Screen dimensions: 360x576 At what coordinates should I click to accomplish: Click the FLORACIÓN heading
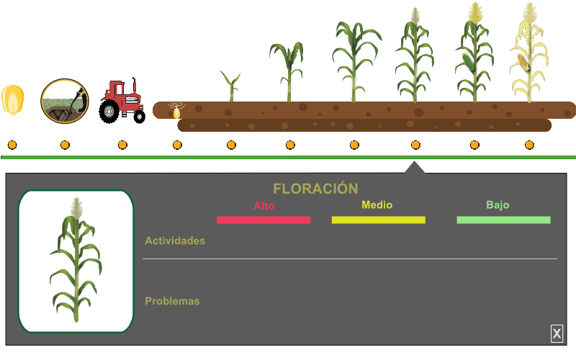point(315,189)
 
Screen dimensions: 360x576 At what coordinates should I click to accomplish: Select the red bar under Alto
point(264,220)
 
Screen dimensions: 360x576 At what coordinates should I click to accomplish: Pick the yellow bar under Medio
point(378,220)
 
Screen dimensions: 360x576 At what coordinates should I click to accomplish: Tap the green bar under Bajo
point(503,220)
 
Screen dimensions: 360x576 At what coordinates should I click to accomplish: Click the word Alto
point(264,206)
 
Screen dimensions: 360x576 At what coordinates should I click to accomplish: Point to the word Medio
point(377,205)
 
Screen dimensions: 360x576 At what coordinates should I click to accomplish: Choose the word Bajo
point(498,205)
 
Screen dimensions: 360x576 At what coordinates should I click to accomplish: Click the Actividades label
point(175,240)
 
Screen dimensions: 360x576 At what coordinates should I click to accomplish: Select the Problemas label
point(172,301)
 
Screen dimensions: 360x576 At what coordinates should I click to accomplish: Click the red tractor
point(122,100)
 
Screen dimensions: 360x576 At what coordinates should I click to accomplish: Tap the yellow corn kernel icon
point(13,101)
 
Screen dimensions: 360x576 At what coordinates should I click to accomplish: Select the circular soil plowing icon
point(64,101)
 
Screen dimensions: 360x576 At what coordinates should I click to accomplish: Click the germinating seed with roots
point(176,111)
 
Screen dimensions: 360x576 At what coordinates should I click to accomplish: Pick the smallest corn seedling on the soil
point(231,86)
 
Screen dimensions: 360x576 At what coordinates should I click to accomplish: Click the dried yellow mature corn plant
point(529,54)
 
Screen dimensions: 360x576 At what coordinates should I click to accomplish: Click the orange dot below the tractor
point(122,145)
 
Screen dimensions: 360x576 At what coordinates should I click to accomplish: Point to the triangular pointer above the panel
point(415,168)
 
